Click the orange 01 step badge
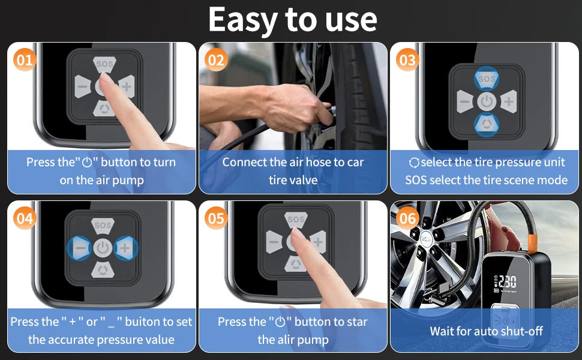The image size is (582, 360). pos(25,60)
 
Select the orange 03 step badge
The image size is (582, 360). pos(407,60)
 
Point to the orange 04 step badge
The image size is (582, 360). pos(25,218)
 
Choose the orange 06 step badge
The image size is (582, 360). pos(407,218)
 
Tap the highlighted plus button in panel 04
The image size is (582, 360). pos(125,248)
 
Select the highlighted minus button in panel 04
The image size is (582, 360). pos(80,248)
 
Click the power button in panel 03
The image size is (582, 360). pos(487,101)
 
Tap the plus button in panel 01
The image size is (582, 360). pos(126,87)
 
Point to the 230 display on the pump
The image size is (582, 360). pos(507,283)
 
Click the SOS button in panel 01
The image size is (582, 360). pos(104,64)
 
